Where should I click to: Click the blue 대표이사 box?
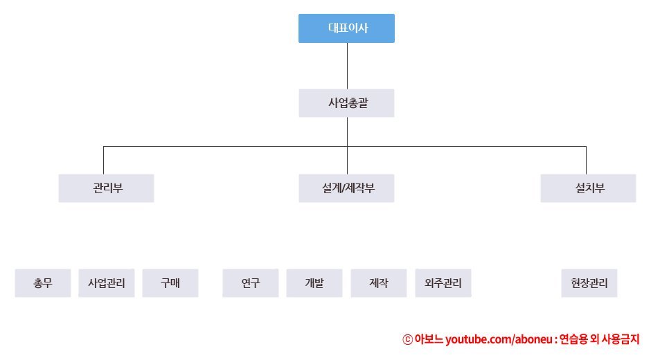[346, 28]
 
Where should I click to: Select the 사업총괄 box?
[346, 103]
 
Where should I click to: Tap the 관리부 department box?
[106, 188]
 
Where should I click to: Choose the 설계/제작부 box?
[346, 188]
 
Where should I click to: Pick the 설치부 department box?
[588, 188]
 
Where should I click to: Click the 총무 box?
[43, 283]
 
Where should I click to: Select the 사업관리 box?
[107, 283]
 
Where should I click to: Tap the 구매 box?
[170, 283]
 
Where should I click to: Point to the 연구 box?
[251, 283]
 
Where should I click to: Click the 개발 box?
[314, 283]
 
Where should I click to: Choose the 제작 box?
[379, 283]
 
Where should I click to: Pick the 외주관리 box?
[443, 283]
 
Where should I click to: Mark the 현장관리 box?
[589, 283]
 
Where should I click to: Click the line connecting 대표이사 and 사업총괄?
[347, 66]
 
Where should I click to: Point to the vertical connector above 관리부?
[104, 160]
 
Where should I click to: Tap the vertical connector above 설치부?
[586, 160]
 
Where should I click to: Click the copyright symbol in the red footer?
[407, 340]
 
